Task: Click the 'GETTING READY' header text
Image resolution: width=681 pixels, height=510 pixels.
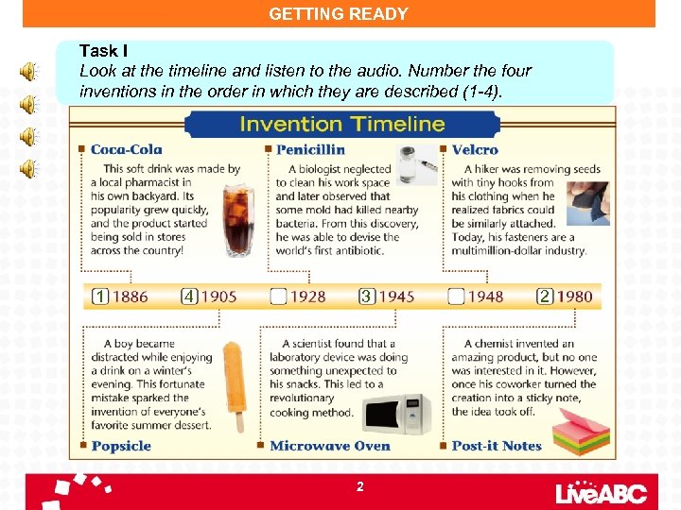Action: pos(339,14)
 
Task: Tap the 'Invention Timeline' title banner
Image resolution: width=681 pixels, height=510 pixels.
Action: pos(341,124)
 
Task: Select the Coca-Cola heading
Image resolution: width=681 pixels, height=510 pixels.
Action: pos(126,149)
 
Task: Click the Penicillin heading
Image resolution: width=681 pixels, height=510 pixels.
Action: pos(310,149)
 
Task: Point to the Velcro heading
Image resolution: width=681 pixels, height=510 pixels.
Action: pos(475,149)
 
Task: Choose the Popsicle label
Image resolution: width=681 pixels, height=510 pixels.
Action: pos(121,446)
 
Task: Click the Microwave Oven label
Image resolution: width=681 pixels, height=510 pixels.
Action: pos(329,446)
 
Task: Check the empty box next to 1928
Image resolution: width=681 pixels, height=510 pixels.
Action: pos(278,297)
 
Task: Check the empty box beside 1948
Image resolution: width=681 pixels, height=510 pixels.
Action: pos(456,297)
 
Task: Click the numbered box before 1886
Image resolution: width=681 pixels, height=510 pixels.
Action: pos(100,297)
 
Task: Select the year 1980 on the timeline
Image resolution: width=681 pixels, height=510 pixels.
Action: pos(574,297)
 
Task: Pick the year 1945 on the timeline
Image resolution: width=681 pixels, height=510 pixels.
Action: pos(396,297)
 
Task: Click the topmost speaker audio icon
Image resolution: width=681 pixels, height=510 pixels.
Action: pos(30,72)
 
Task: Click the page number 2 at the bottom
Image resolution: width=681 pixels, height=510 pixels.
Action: pos(359,486)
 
